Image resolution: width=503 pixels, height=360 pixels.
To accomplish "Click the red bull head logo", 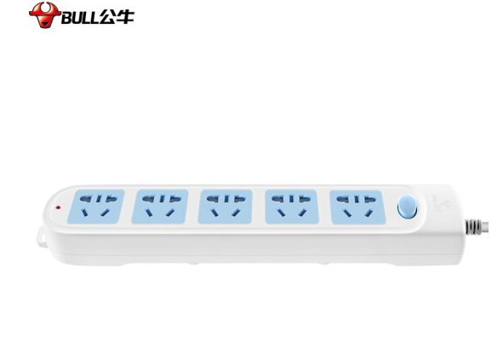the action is point(45,15).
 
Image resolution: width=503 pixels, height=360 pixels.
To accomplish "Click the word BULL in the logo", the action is point(80,18).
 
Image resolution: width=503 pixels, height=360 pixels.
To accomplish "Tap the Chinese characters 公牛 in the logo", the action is point(117,17).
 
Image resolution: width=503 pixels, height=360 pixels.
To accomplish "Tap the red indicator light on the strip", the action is point(58,208).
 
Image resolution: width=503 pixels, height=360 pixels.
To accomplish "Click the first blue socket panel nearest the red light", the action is point(95,206).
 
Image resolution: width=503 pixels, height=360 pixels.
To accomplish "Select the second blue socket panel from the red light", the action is point(160,206).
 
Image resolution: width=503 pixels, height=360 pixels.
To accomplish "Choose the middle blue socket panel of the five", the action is point(226,206).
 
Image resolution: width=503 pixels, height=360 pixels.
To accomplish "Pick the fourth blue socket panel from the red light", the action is point(291,207).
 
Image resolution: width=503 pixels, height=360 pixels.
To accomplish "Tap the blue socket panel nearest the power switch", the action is point(357,207).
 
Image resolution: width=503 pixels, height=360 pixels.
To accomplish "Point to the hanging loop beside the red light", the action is point(42,237).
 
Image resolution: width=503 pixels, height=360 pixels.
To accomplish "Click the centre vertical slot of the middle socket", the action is point(226,198).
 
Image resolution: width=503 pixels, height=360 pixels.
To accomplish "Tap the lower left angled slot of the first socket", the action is point(84,212).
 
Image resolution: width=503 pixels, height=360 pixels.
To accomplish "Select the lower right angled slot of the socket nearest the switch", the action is point(369,213).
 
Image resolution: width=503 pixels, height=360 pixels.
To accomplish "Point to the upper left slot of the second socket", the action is point(148,199).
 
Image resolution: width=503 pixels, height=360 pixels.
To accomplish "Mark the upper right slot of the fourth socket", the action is point(305,199).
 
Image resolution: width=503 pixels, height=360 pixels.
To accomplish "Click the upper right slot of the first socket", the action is point(111,199).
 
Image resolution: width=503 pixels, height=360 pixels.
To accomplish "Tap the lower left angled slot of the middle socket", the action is point(214,213).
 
